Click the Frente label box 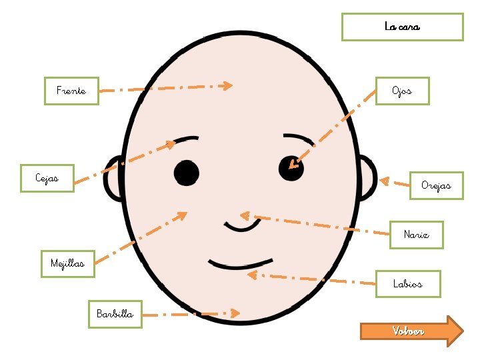pos(71,91)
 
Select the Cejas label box pos(47,178)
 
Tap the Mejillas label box pos(67,263)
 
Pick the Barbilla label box pos(115,314)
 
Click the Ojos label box pos(402,91)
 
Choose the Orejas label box pos(436,185)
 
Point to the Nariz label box pos(416,235)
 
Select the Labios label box pos(407,284)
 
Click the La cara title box pos(402,27)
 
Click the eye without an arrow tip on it pos(187,173)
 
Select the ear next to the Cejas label pos(114,179)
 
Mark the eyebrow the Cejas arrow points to pos(187,139)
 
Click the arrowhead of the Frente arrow pos(227,85)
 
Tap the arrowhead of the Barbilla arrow pos(235,313)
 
